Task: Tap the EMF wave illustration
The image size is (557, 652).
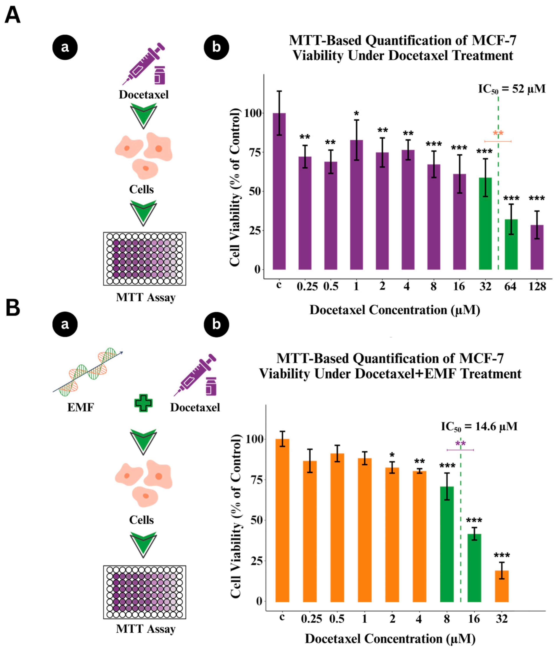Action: pos(88,372)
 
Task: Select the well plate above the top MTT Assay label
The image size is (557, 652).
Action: pos(144,259)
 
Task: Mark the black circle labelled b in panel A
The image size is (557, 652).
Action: pos(216,47)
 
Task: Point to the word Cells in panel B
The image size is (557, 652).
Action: pos(141,520)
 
